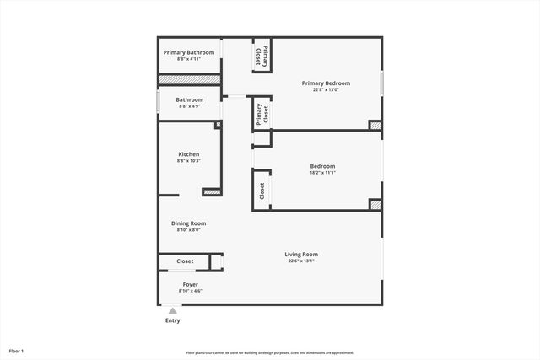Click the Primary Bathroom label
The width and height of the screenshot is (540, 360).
[x=189, y=52]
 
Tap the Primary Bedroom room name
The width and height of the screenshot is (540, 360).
[x=326, y=83]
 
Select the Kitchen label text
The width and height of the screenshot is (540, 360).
[x=188, y=154]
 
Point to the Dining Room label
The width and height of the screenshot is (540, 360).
[x=188, y=223]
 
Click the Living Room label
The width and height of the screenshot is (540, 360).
[x=300, y=254]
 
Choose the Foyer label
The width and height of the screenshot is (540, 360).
[x=190, y=284]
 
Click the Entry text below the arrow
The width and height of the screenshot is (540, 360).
[x=172, y=320]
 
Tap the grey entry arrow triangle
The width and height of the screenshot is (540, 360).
[x=172, y=310]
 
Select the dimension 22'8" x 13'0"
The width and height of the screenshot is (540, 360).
[x=326, y=90]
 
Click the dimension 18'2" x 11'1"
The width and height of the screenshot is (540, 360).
[x=322, y=173]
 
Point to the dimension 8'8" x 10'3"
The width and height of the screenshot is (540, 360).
[x=188, y=161]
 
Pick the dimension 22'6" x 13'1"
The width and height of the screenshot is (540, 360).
[x=300, y=261]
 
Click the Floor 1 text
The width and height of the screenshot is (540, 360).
[x=16, y=350]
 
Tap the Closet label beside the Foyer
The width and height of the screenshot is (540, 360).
[x=185, y=261]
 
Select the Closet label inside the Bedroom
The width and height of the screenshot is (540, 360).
[x=262, y=191]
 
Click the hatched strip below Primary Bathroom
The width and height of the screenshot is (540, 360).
[x=190, y=79]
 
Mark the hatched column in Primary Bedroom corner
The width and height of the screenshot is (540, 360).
[x=375, y=126]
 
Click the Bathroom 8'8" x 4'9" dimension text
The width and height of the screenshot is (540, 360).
[x=190, y=106]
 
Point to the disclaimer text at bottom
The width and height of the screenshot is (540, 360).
[x=270, y=352]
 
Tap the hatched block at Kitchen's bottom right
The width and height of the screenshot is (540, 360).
[x=212, y=192]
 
